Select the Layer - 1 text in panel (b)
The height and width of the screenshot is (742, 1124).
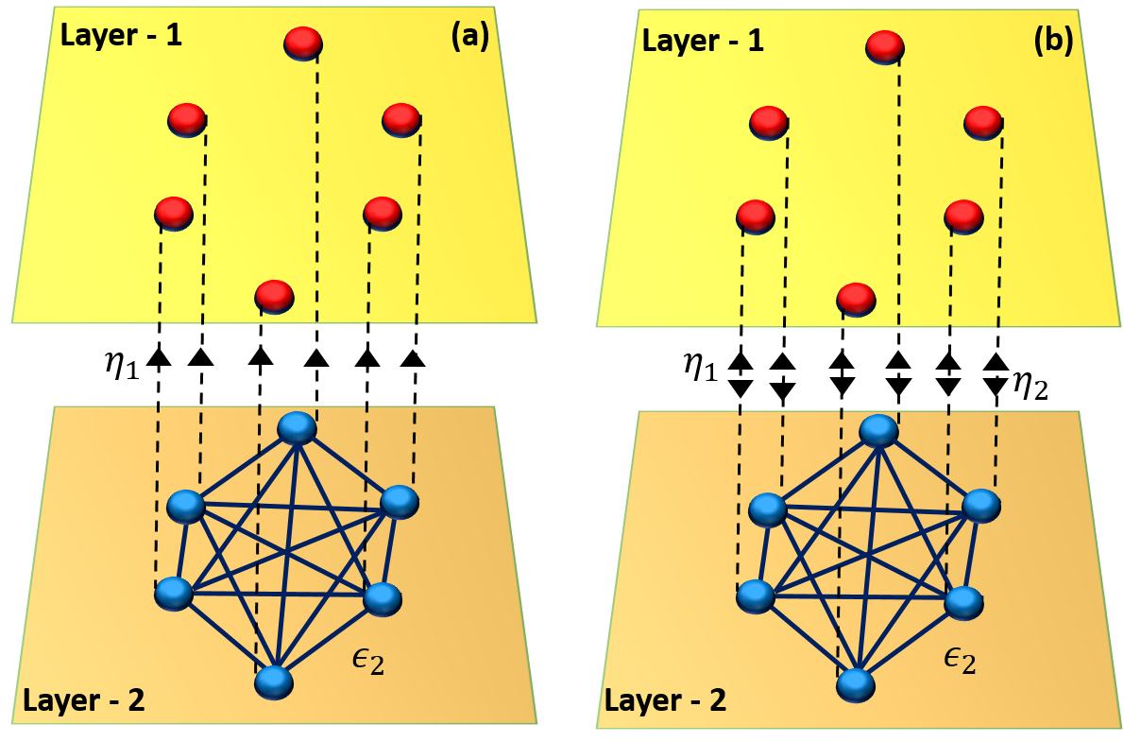tap(703, 42)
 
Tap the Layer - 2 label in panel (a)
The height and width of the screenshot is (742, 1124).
tap(83, 700)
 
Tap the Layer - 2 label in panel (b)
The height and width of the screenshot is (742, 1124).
tap(665, 701)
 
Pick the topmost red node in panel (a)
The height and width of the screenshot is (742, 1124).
tap(303, 43)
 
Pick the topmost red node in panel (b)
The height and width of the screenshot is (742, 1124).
tap(885, 47)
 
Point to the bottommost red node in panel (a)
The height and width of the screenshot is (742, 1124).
tap(274, 296)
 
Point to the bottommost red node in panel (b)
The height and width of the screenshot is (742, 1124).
tap(856, 299)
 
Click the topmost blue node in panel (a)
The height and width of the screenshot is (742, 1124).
tap(297, 427)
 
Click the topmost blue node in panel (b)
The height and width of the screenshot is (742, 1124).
tap(878, 431)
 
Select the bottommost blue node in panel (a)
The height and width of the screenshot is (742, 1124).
tap(272, 681)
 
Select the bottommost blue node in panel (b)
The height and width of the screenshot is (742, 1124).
tap(854, 683)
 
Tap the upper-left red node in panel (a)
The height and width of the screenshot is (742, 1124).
tap(186, 120)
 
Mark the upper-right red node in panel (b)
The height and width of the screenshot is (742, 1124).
tap(982, 123)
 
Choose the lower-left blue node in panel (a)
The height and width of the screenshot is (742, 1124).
tap(173, 594)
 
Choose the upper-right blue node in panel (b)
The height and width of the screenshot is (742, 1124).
tap(980, 506)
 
